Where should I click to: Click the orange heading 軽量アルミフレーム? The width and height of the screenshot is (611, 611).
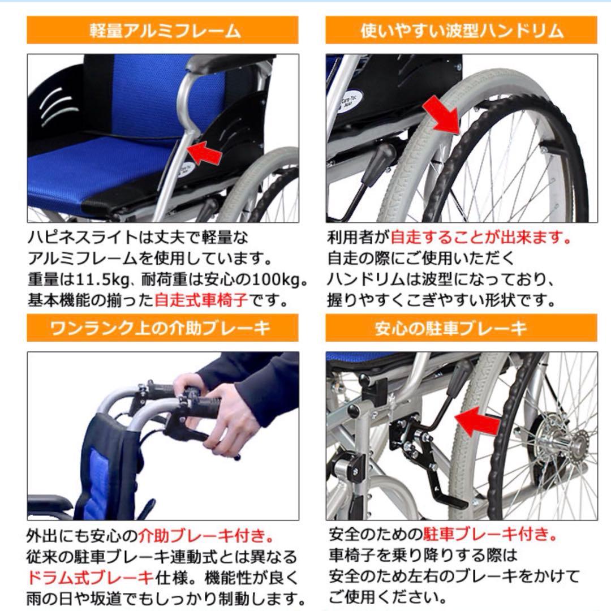pos(162,31)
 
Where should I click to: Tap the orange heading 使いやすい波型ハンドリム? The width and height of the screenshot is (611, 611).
pos(461,31)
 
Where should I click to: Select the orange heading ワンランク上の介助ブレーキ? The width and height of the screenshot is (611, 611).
pos(162,328)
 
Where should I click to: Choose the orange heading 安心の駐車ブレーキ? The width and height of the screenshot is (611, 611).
pos(461,328)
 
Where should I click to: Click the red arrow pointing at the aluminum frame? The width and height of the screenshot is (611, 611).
pos(203,152)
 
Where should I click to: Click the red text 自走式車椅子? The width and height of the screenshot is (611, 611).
pos(201,300)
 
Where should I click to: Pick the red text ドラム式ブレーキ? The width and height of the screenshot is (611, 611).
pos(90,577)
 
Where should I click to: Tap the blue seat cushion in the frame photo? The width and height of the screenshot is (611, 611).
pos(102,170)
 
